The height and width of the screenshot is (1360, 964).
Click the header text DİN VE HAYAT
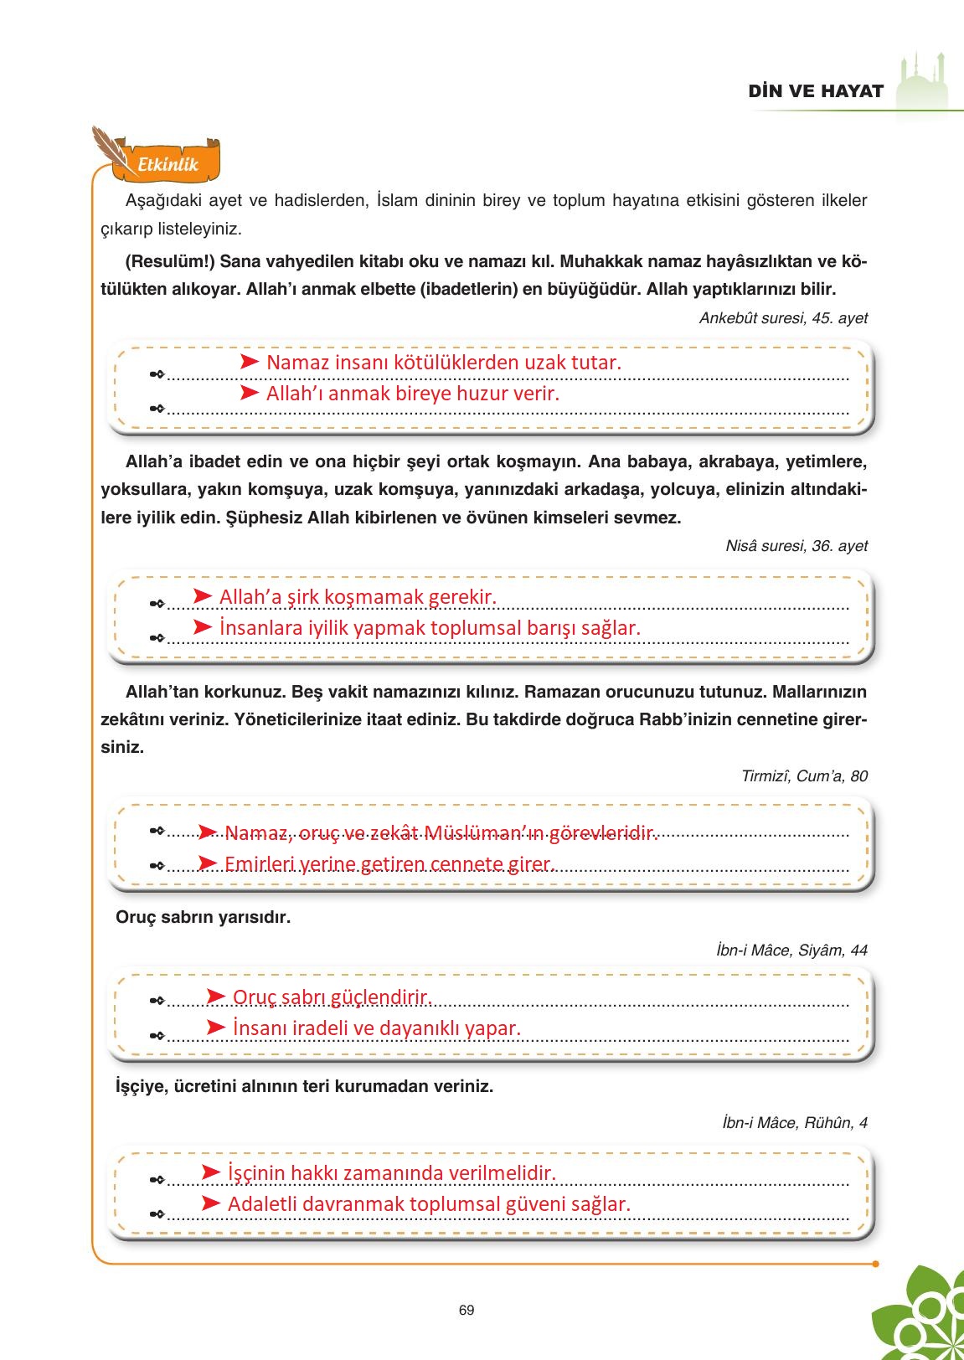click(x=816, y=91)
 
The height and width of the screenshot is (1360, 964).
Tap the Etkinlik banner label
click(x=168, y=164)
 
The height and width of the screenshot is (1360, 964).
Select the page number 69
click(x=467, y=1310)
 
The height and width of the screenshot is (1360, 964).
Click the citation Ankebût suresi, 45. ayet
click(x=783, y=318)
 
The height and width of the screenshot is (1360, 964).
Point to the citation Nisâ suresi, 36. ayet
click(x=796, y=546)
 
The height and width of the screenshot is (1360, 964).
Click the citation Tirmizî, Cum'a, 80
click(x=804, y=776)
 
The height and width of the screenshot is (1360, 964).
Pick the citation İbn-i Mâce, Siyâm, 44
click(x=791, y=950)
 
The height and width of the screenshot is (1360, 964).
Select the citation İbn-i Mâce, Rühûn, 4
click(x=794, y=1122)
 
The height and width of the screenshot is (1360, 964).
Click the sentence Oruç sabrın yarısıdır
click(x=203, y=917)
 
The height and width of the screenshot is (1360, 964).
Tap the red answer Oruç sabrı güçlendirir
click(x=332, y=997)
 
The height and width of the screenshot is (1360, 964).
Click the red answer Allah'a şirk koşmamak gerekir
click(x=358, y=597)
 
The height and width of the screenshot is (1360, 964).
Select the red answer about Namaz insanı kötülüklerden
click(x=443, y=363)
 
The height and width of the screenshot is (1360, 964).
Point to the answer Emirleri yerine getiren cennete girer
click(x=389, y=863)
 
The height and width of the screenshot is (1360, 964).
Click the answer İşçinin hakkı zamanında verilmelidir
click(x=391, y=1173)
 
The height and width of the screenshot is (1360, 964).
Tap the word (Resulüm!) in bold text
click(x=170, y=261)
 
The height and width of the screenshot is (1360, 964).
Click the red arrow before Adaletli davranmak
click(x=211, y=1203)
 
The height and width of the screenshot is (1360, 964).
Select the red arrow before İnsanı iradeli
click(x=216, y=1027)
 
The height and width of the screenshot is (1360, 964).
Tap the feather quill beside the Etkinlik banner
click(x=109, y=147)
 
